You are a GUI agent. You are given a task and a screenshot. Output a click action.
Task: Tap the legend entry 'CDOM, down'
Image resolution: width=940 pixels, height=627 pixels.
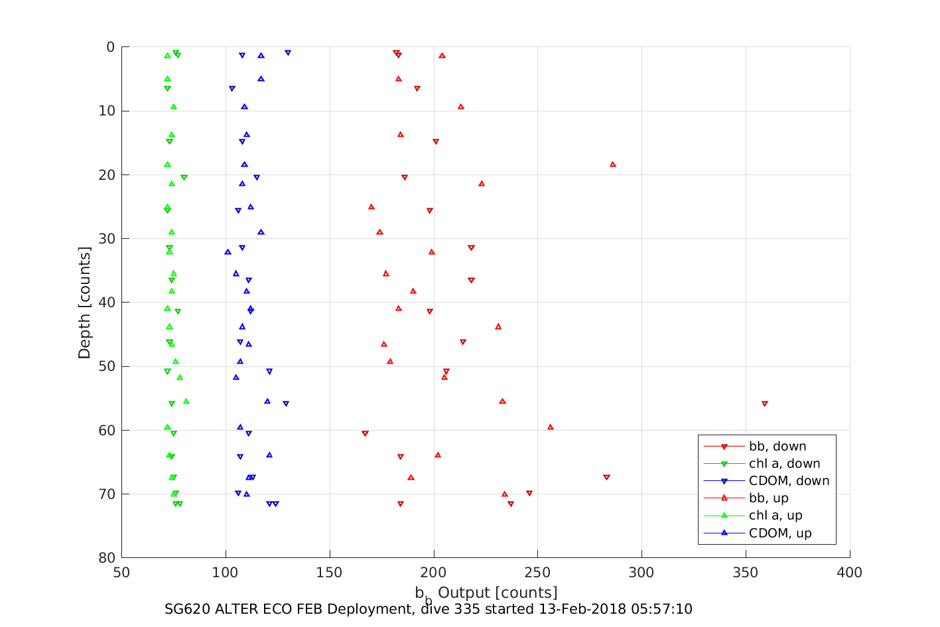(x=789, y=481)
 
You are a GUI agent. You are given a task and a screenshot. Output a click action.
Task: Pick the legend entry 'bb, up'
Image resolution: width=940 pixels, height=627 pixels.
(x=768, y=498)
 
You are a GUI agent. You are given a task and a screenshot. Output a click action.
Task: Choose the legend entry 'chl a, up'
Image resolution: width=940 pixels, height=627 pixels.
(x=775, y=516)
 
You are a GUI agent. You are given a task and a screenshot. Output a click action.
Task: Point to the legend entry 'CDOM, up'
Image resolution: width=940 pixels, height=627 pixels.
(x=780, y=533)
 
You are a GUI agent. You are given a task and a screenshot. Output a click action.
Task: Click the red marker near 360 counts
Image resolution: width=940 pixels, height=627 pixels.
(x=765, y=403)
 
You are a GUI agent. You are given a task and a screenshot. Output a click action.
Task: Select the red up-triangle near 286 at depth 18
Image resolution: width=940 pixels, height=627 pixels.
(x=613, y=164)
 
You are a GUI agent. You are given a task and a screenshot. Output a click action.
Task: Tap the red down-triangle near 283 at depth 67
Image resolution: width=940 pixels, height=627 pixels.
(x=606, y=477)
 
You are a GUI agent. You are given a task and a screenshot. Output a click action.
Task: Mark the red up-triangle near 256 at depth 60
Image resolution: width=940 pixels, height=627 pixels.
(x=550, y=427)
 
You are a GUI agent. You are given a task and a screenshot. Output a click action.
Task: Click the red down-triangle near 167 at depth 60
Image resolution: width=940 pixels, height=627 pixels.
(x=365, y=433)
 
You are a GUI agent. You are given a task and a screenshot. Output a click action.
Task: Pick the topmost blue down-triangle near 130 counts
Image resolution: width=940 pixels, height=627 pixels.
(x=287, y=52)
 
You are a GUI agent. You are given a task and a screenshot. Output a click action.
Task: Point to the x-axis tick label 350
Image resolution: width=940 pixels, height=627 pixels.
(x=746, y=573)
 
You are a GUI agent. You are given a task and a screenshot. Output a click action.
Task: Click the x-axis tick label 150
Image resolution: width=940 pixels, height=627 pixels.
(x=330, y=573)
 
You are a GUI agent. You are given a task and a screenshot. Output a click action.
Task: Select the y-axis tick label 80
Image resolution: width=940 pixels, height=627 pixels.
(x=106, y=558)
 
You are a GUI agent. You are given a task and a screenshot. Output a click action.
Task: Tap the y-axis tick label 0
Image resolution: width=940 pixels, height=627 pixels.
(x=110, y=47)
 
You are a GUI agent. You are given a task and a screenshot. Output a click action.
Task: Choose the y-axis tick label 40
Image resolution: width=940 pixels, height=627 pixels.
(x=106, y=303)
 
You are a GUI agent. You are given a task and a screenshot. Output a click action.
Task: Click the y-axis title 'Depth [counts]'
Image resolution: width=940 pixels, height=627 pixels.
(x=84, y=303)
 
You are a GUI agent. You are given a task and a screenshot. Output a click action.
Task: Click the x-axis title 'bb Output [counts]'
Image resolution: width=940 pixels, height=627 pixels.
(x=486, y=592)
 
